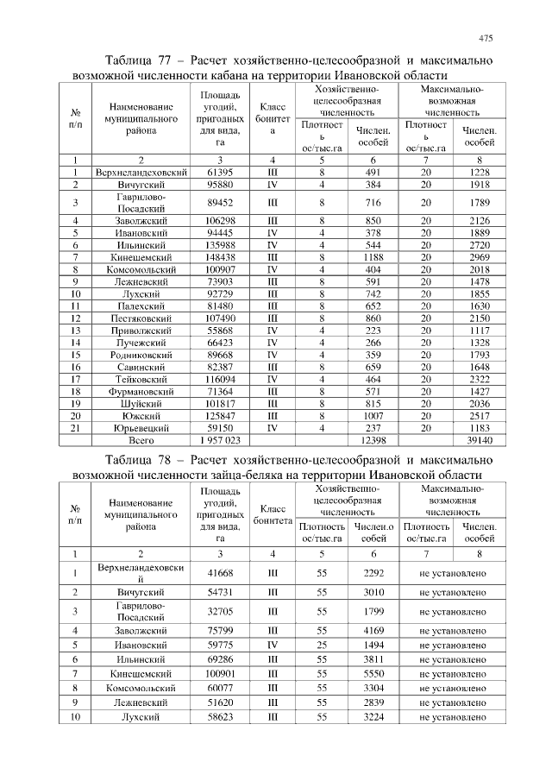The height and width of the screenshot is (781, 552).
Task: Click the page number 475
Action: click(x=486, y=39)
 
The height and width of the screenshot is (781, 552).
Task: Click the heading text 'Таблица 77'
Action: click(x=139, y=61)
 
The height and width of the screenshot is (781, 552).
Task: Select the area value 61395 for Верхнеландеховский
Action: click(x=221, y=173)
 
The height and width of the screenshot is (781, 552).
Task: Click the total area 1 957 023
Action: click(x=221, y=439)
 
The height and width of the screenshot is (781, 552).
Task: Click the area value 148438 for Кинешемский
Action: click(x=221, y=256)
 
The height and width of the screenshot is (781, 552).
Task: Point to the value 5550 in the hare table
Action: click(x=373, y=672)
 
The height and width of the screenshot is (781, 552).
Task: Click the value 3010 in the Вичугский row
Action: click(x=373, y=592)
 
